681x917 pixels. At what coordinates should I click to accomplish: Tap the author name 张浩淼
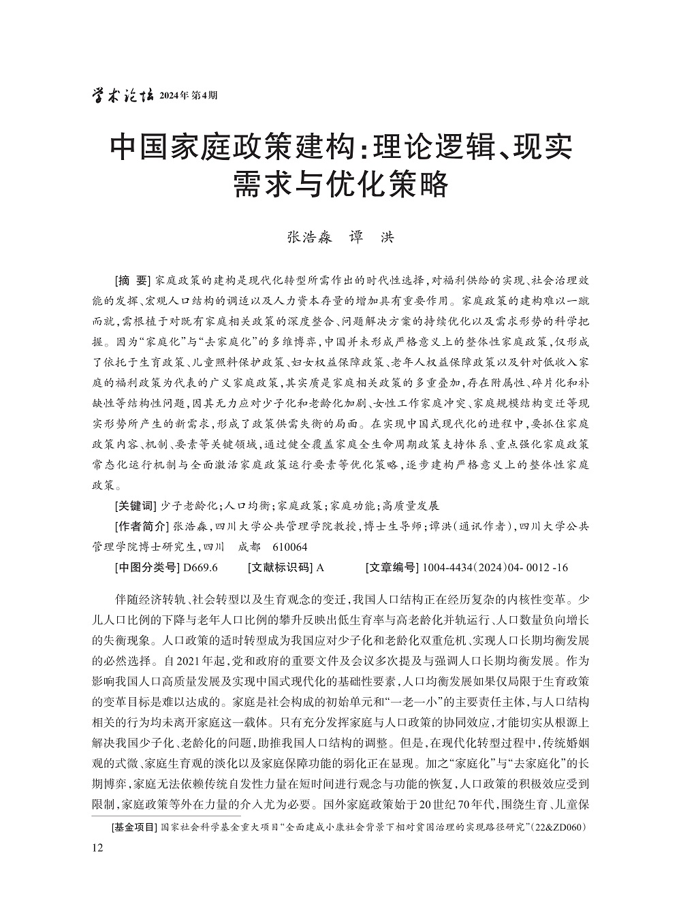click(308, 237)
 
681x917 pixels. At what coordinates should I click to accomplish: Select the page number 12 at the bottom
click(97, 847)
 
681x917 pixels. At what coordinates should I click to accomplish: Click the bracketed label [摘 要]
click(133, 280)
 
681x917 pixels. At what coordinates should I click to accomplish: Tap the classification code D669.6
click(196, 567)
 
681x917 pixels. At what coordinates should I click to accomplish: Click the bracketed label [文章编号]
click(391, 567)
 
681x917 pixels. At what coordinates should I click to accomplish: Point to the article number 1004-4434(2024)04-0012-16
click(495, 567)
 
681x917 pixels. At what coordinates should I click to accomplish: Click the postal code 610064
click(289, 547)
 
